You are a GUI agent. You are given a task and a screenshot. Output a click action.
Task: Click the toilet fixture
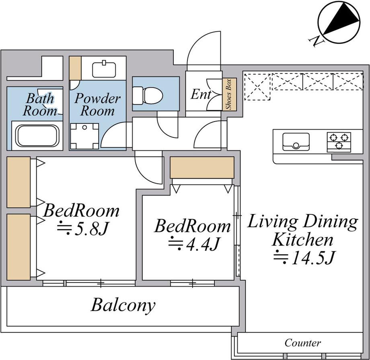(148, 95)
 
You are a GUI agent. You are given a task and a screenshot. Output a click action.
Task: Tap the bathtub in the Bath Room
(37, 136)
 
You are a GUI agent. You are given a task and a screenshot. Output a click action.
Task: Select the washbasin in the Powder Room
(104, 70)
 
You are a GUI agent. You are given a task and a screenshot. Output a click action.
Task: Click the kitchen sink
(296, 142)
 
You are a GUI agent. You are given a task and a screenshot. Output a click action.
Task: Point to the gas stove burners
(339, 142)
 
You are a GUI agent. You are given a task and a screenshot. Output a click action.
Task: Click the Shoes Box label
(229, 94)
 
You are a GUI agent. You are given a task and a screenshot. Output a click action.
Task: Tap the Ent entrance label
(201, 95)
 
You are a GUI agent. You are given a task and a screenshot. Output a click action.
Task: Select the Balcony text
(123, 305)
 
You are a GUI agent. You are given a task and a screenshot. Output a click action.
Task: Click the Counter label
(303, 343)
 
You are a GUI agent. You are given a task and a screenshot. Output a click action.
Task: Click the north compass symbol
(339, 22)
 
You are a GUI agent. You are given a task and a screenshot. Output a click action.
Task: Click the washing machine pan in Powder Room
(84, 136)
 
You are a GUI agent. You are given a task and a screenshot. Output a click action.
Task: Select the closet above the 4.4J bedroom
(202, 167)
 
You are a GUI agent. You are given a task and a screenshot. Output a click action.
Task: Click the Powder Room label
(97, 105)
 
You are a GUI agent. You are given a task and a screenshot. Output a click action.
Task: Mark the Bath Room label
(40, 105)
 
